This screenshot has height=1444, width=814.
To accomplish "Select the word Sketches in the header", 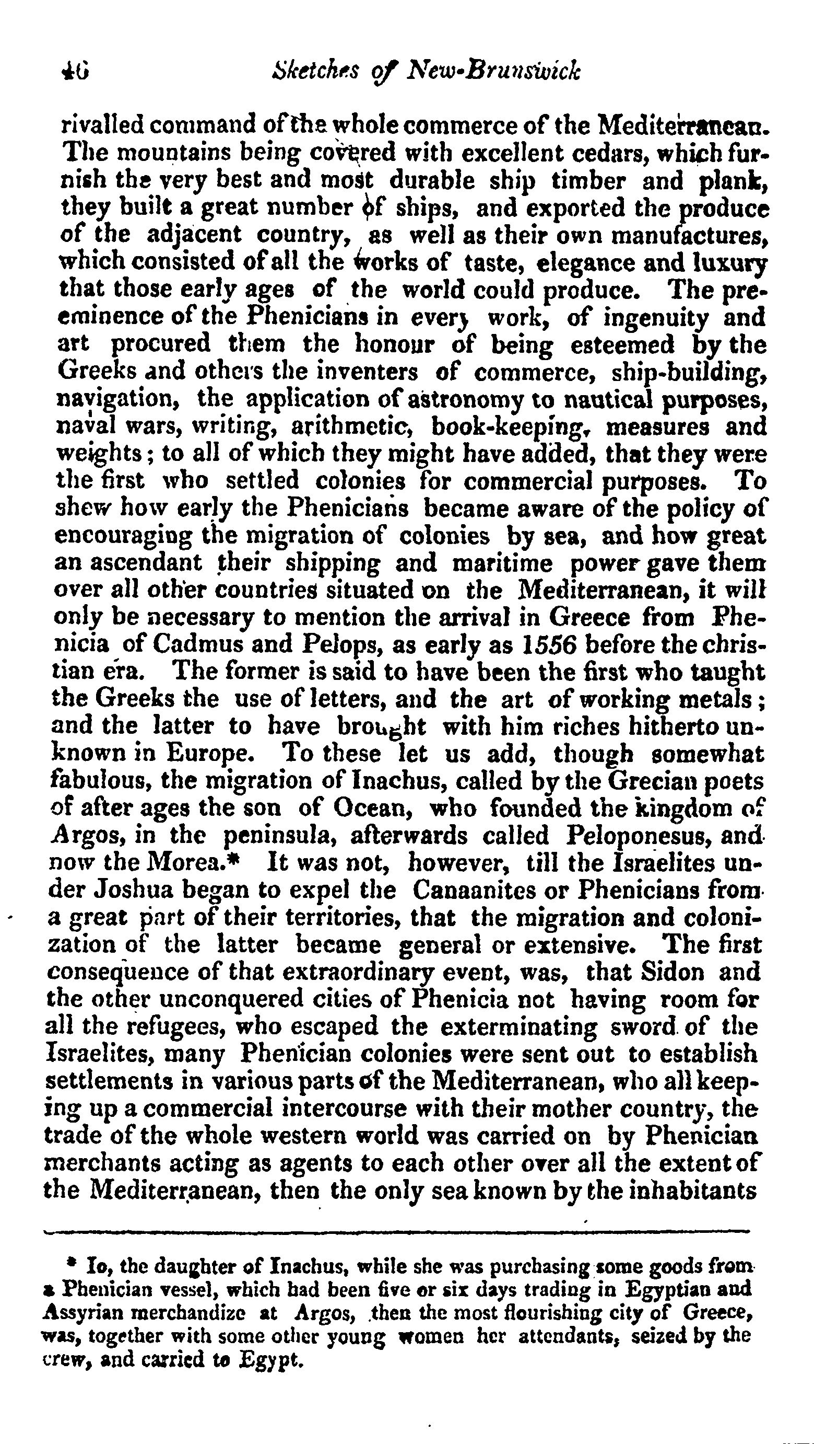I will (317, 72).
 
